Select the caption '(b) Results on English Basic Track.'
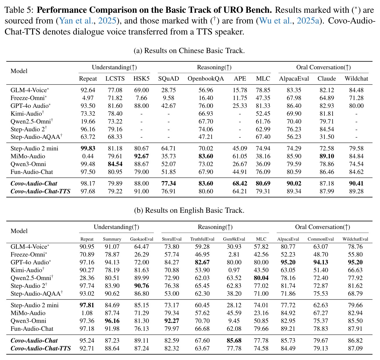point(189,210)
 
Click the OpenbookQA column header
point(206,79)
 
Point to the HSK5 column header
point(141,79)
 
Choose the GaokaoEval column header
point(141,239)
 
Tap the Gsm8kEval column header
point(234,239)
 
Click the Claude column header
point(327,79)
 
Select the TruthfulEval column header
point(202,239)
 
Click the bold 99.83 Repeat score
point(88,148)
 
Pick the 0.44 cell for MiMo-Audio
point(88,156)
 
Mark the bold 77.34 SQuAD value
point(169,183)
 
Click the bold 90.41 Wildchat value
point(356,183)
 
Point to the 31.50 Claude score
point(327,137)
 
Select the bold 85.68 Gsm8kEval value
point(234,340)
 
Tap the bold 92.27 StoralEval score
point(172,321)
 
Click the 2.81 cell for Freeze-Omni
point(234,254)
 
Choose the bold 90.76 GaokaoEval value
point(142,286)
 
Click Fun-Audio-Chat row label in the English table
point(32,328)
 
